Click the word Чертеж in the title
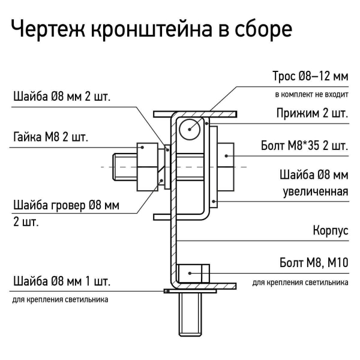47,29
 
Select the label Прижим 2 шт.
312,113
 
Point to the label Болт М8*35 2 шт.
304,146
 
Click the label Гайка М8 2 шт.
50,137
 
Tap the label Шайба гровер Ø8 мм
66,206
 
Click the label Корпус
331,230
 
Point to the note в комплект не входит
311,95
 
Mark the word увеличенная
316,192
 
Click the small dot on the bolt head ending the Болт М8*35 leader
226,155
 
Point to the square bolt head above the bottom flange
193,273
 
